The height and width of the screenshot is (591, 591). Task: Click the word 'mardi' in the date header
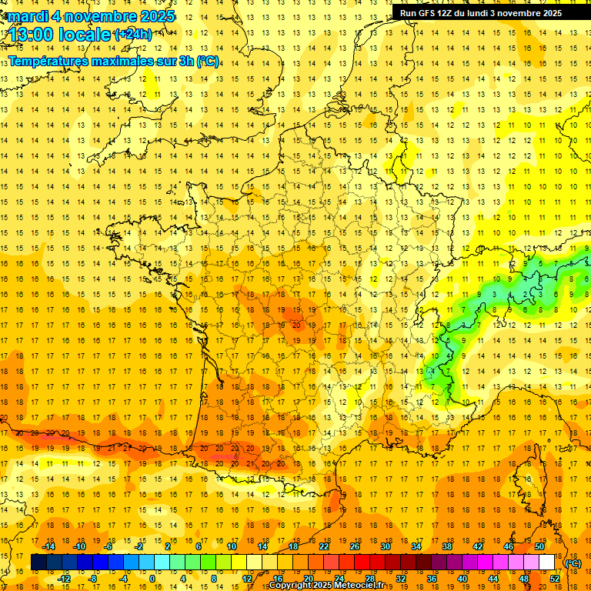click(x=29, y=16)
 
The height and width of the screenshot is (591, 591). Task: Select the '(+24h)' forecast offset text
click(x=133, y=35)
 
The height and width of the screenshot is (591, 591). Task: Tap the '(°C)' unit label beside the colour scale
click(x=573, y=563)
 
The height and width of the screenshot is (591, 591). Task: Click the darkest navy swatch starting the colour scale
click(x=38, y=563)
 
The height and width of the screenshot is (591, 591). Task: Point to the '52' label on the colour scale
click(x=555, y=579)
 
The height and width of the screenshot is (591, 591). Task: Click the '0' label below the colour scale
click(x=152, y=579)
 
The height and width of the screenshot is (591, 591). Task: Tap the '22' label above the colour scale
click(x=324, y=546)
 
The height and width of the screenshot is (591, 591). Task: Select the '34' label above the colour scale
click(x=416, y=546)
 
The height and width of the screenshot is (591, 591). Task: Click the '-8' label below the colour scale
click(x=93, y=579)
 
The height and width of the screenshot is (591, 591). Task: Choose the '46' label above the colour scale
click(x=509, y=546)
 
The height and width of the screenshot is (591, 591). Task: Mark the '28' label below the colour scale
click(x=370, y=579)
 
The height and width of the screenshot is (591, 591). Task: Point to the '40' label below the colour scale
click(x=462, y=579)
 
